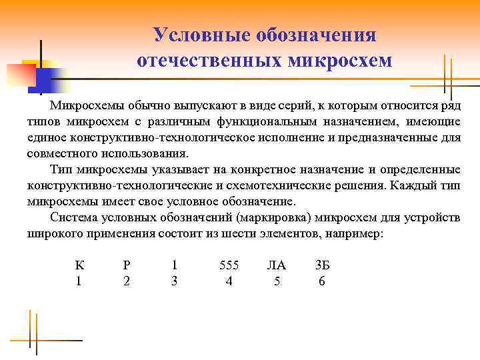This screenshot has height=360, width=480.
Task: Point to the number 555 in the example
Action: (229, 265)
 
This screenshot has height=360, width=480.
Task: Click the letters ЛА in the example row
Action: (276, 265)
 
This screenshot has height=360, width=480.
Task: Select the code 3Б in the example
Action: (322, 265)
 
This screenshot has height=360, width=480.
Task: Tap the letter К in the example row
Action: (79, 265)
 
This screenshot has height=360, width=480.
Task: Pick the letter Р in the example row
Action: (127, 265)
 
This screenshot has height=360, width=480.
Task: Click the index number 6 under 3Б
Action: (322, 281)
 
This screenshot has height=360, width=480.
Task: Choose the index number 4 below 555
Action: (229, 281)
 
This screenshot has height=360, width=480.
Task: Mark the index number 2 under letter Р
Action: (127, 281)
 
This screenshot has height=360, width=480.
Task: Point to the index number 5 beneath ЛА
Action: (277, 281)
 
